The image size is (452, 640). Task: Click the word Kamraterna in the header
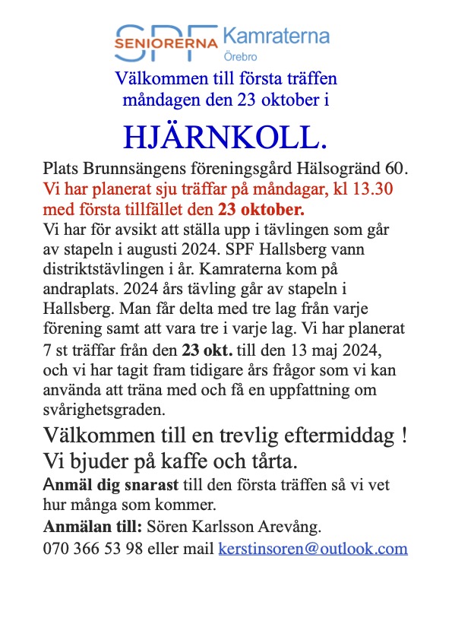tap(275, 36)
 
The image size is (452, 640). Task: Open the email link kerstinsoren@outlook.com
tap(313, 549)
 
